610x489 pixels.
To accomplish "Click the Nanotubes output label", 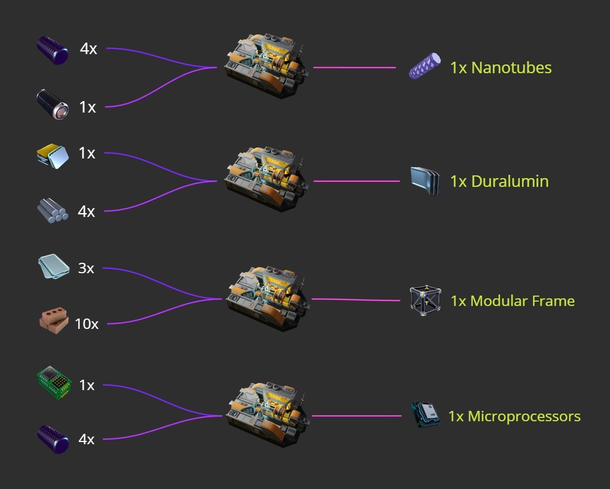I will (x=501, y=68).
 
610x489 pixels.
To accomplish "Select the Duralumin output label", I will (x=499, y=181).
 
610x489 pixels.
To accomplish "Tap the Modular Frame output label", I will (x=513, y=301).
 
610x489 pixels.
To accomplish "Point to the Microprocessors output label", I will (x=514, y=416).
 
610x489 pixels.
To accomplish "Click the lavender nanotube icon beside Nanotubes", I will (x=425, y=66).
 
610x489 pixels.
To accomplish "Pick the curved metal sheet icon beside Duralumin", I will (x=425, y=181).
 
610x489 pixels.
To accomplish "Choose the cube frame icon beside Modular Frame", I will (x=425, y=300).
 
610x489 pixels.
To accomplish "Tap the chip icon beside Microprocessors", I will (x=425, y=415).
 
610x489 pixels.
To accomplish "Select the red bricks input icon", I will (x=54, y=321).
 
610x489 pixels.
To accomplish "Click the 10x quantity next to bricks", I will (x=86, y=324).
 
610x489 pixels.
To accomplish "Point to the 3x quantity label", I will (x=86, y=268).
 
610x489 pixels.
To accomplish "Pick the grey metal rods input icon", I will (x=52, y=210).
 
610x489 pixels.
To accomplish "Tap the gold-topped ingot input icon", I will (x=52, y=156).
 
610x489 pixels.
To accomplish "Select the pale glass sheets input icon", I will (x=54, y=267).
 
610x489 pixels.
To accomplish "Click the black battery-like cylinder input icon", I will (x=52, y=104).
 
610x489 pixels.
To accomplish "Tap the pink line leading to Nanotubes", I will (x=354, y=68).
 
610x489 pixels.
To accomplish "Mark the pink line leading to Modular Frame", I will (x=355, y=299).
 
